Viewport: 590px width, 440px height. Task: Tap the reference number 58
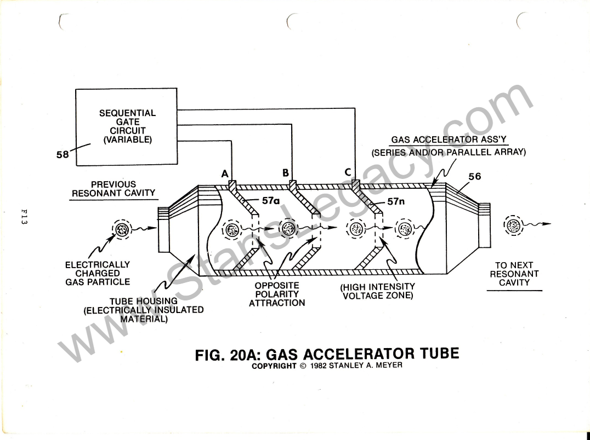coord(63,154)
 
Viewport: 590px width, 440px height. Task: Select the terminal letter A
coord(225,174)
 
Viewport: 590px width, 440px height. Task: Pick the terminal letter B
coord(286,173)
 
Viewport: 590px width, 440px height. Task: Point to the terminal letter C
coord(348,172)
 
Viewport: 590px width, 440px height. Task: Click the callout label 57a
coord(271,201)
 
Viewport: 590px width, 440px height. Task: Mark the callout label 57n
coord(396,201)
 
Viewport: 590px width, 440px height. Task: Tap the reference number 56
coord(475,176)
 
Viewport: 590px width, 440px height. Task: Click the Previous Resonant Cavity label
coord(114,189)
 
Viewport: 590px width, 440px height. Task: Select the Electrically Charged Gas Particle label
coord(98,273)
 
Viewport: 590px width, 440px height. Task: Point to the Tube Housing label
coord(143,310)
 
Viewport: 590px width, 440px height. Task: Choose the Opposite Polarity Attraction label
coord(277,294)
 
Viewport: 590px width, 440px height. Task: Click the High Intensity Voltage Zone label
coord(378,291)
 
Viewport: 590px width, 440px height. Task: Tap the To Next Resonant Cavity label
coord(514,274)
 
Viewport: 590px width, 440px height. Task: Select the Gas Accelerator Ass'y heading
coord(449,140)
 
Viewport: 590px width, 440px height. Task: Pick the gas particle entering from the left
coord(122,229)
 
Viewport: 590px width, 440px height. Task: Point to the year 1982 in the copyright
coord(319,366)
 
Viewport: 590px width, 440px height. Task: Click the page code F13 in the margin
coord(24,217)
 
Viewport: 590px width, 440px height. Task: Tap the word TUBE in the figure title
coord(440,354)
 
